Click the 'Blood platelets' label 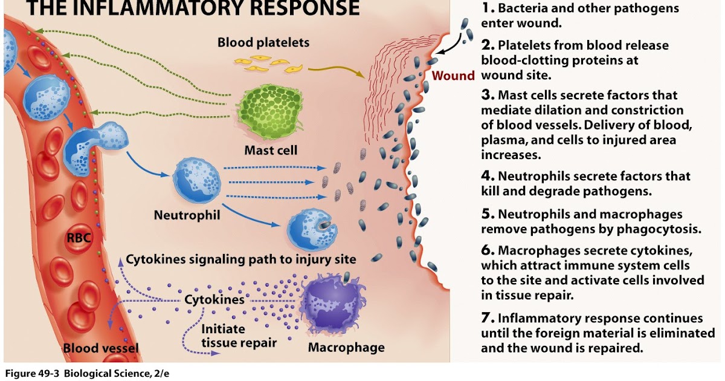click(x=263, y=42)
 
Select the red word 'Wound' click(x=454, y=76)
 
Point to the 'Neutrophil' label click(x=186, y=215)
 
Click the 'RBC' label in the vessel click(x=79, y=238)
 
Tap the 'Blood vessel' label click(x=101, y=348)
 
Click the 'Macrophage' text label click(x=346, y=348)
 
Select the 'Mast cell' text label click(x=271, y=149)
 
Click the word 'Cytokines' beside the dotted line click(x=214, y=299)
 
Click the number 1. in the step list click(x=488, y=8)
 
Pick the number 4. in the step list click(x=488, y=176)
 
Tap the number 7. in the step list click(x=488, y=318)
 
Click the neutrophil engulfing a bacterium click(x=311, y=229)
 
